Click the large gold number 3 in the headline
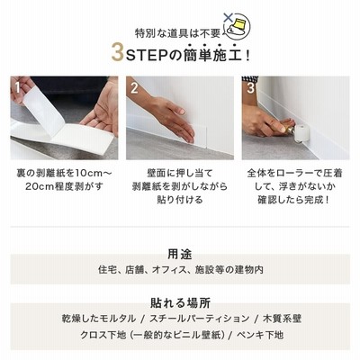[x=117, y=53]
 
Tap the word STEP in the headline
[x=147, y=55]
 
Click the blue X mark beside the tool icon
[x=229, y=17]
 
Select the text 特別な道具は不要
[x=177, y=33]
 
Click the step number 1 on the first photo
[x=18, y=87]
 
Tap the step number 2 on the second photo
[x=134, y=87]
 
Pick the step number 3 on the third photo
[x=250, y=87]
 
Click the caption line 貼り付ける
[x=180, y=200]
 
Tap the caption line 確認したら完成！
[x=294, y=200]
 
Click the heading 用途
[x=180, y=255]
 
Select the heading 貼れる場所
[x=180, y=303]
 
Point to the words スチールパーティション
[x=200, y=319]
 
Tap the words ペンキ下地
[x=260, y=335]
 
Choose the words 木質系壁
[x=282, y=319]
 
